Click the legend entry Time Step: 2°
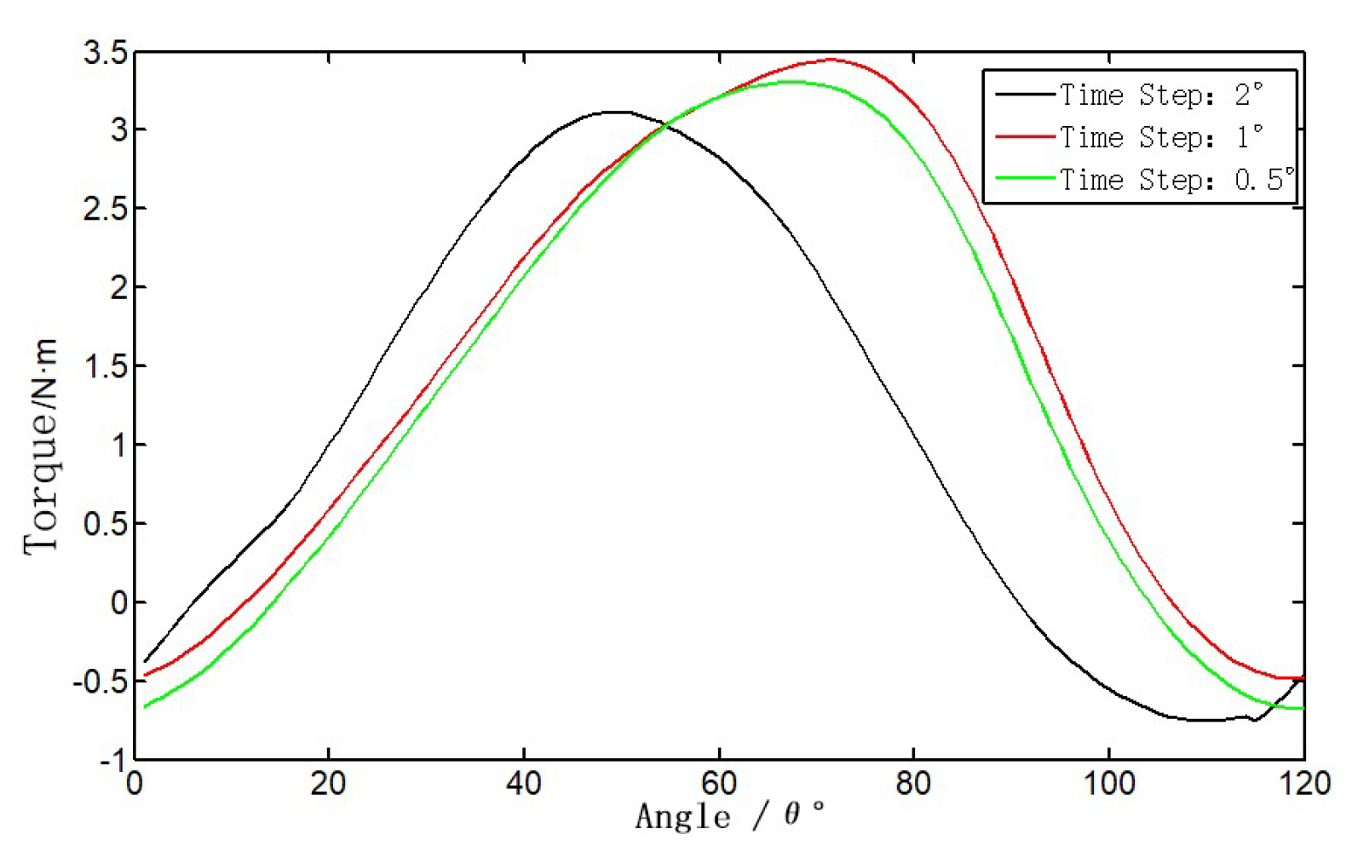[x=1160, y=95]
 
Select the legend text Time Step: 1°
[x=1160, y=137]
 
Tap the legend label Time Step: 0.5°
[x=1176, y=180]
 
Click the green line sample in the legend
[x=1026, y=178]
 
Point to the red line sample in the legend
[x=1026, y=136]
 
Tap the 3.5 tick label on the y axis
[x=106, y=54]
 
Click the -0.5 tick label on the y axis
[x=101, y=682]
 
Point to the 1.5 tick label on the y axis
[x=106, y=367]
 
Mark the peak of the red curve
[x=831, y=60]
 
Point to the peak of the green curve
[x=792, y=82]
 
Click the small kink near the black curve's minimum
[x=1254, y=720]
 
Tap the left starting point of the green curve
[x=146, y=706]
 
